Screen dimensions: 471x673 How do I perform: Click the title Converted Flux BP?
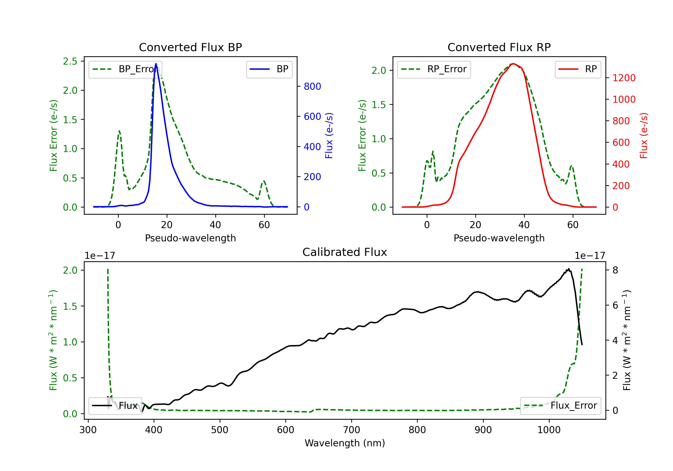point(190,47)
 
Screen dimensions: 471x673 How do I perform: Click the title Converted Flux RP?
point(499,47)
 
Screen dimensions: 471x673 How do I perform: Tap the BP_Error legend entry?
point(125,69)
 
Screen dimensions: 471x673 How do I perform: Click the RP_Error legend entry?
point(434,69)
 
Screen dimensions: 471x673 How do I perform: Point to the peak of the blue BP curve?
point(156,64)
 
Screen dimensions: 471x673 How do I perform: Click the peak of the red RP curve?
point(513,64)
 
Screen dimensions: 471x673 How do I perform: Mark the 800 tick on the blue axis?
point(312,87)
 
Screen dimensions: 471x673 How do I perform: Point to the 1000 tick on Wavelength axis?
point(549,430)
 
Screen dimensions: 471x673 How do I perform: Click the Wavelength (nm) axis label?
point(345,443)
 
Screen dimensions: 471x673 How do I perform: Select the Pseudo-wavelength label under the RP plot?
point(499,238)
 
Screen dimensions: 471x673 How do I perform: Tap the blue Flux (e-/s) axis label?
point(329,135)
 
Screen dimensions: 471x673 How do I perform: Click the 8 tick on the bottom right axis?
point(615,270)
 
